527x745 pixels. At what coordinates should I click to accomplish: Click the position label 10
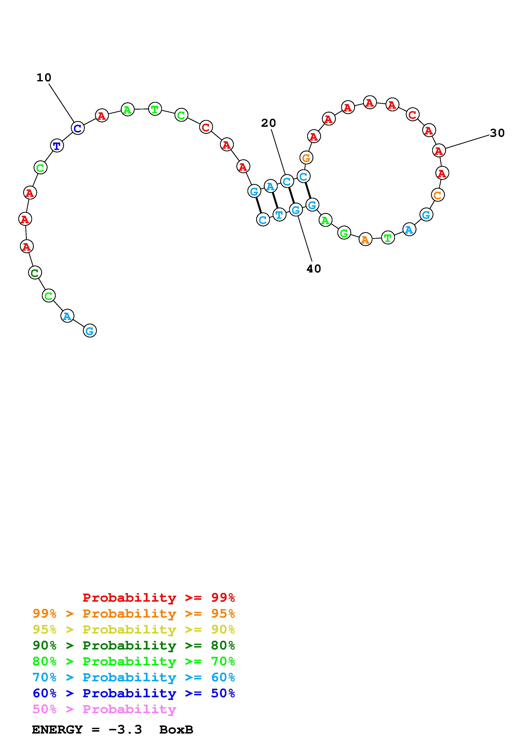pos(44,78)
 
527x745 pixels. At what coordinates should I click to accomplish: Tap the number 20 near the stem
pos(268,123)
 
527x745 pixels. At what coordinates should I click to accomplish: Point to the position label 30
pos(497,133)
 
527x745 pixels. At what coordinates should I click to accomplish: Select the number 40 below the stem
pos(314,269)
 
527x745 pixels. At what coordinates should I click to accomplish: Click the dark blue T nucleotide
pos(57,146)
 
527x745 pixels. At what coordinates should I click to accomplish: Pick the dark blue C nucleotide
pos(78,128)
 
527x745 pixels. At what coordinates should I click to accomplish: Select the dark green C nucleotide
pos(35,272)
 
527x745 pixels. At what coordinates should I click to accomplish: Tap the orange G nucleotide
pos(306,158)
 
